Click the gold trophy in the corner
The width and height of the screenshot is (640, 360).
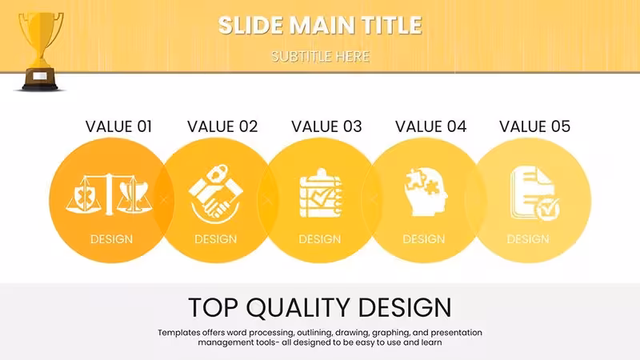40,51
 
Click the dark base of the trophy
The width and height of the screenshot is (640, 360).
40,79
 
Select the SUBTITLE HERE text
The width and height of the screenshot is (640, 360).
321,56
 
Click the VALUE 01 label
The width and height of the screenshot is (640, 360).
118,126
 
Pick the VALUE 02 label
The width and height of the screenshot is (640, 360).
222,126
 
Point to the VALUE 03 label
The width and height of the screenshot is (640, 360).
326,126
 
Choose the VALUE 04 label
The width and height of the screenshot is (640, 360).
430,126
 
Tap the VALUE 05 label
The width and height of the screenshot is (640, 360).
534,126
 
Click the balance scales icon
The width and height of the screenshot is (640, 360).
109,194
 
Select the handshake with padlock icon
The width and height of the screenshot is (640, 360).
216,194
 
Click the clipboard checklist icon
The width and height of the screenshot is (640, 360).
321,193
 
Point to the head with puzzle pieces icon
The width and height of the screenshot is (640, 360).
426,192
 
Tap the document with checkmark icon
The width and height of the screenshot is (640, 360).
535,193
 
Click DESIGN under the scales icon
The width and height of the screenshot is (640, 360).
111,239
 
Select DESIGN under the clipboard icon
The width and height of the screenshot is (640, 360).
319,239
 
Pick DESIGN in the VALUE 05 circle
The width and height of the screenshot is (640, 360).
528,239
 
